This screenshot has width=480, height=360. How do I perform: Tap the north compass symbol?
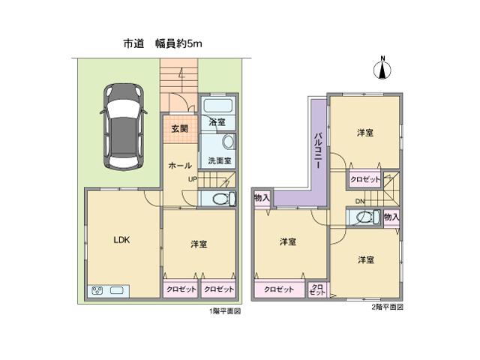pyautogui.click(x=382, y=70)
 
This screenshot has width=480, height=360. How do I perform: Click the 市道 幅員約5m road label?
pyautogui.click(x=163, y=44)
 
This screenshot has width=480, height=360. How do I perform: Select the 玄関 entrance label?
pyautogui.click(x=180, y=129)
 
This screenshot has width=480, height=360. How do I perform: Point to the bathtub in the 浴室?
pyautogui.click(x=219, y=105)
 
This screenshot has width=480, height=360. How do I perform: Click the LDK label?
pyautogui.click(x=121, y=240)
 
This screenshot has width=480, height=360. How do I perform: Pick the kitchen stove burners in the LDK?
pyautogui.click(x=97, y=291)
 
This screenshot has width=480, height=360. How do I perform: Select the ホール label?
pyautogui.click(x=179, y=165)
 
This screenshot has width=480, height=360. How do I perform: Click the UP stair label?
pyautogui.click(x=193, y=179)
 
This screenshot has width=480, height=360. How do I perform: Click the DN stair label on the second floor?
pyautogui.click(x=360, y=202)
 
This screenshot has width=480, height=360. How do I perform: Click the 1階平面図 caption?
pyautogui.click(x=225, y=310)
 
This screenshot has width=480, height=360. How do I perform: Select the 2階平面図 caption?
pyautogui.click(x=387, y=307)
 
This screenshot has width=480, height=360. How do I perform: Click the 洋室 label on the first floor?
pyautogui.click(x=199, y=244)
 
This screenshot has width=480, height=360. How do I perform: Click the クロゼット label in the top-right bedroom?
pyautogui.click(x=365, y=180)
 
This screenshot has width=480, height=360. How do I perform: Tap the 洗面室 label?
pyautogui.click(x=220, y=160)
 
